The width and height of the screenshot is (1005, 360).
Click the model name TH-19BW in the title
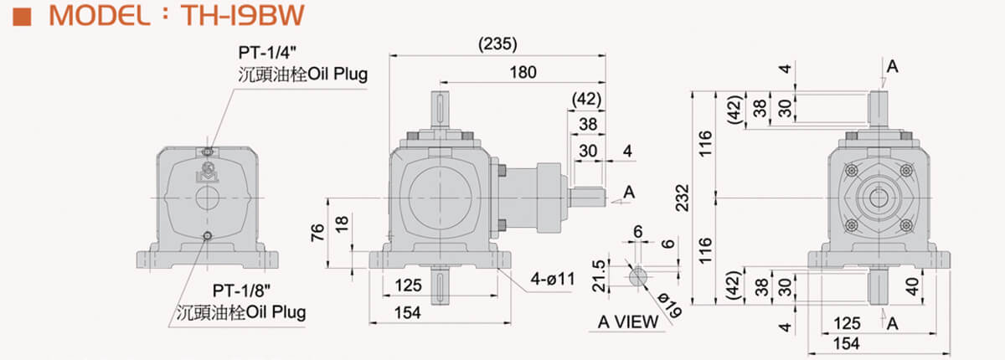click(x=243, y=15)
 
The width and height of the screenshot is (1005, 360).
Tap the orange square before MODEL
click(x=22, y=17)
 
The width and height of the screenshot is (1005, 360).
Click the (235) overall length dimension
click(x=497, y=44)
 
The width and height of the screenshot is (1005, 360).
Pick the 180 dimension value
click(x=523, y=72)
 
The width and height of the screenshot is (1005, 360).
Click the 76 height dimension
click(x=317, y=232)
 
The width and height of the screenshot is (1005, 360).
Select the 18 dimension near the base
click(x=342, y=224)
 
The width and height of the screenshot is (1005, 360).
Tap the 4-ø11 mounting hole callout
click(x=552, y=280)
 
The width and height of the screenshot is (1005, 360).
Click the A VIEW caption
click(x=628, y=321)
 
